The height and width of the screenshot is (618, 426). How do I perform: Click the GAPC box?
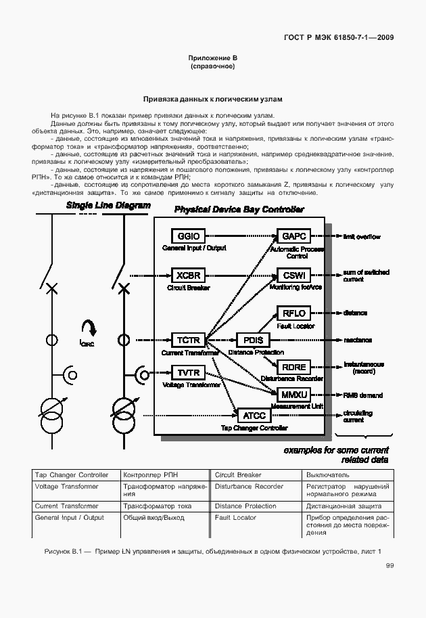pos(294,236)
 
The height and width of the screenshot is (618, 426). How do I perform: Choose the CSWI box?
pos(294,275)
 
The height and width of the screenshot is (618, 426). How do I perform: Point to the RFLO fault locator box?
pos(294,313)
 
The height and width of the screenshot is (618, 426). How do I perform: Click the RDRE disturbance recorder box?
pos(294,366)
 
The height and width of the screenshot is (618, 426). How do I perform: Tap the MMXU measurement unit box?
pos(294,394)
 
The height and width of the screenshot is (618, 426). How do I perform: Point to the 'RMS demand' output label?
pos(362,395)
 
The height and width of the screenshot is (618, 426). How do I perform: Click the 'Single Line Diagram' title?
pos(108,205)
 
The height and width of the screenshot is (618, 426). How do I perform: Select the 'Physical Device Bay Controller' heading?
pos(239,210)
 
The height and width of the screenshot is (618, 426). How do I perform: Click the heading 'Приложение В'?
pos(212,59)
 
